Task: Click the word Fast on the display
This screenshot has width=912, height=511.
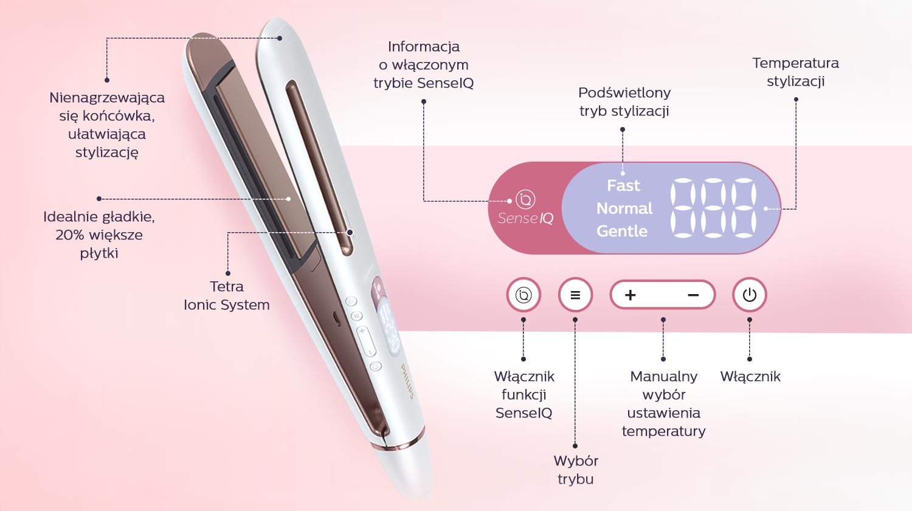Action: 623,185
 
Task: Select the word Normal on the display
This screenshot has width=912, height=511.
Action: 624,208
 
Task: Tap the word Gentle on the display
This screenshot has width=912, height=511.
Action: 622,231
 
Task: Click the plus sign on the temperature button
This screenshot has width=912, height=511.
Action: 630,295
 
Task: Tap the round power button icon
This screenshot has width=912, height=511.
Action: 750,295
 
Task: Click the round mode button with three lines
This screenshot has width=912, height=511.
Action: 575,295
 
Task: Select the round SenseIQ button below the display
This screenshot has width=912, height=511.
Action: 523,295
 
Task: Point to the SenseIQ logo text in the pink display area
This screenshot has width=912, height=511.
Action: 526,219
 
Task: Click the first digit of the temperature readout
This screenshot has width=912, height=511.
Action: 683,208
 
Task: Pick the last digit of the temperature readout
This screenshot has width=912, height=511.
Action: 744,208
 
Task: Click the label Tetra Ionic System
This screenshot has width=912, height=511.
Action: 227,296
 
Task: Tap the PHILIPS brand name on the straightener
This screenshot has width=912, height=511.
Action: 407,381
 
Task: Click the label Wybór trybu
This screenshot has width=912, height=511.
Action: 576,470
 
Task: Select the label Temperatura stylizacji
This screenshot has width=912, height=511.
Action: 795,72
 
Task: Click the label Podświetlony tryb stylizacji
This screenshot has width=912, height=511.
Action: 624,101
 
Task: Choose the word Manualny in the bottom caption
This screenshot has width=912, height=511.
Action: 664,377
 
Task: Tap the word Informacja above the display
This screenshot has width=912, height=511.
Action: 424,46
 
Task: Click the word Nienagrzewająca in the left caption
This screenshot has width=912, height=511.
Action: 107,98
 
